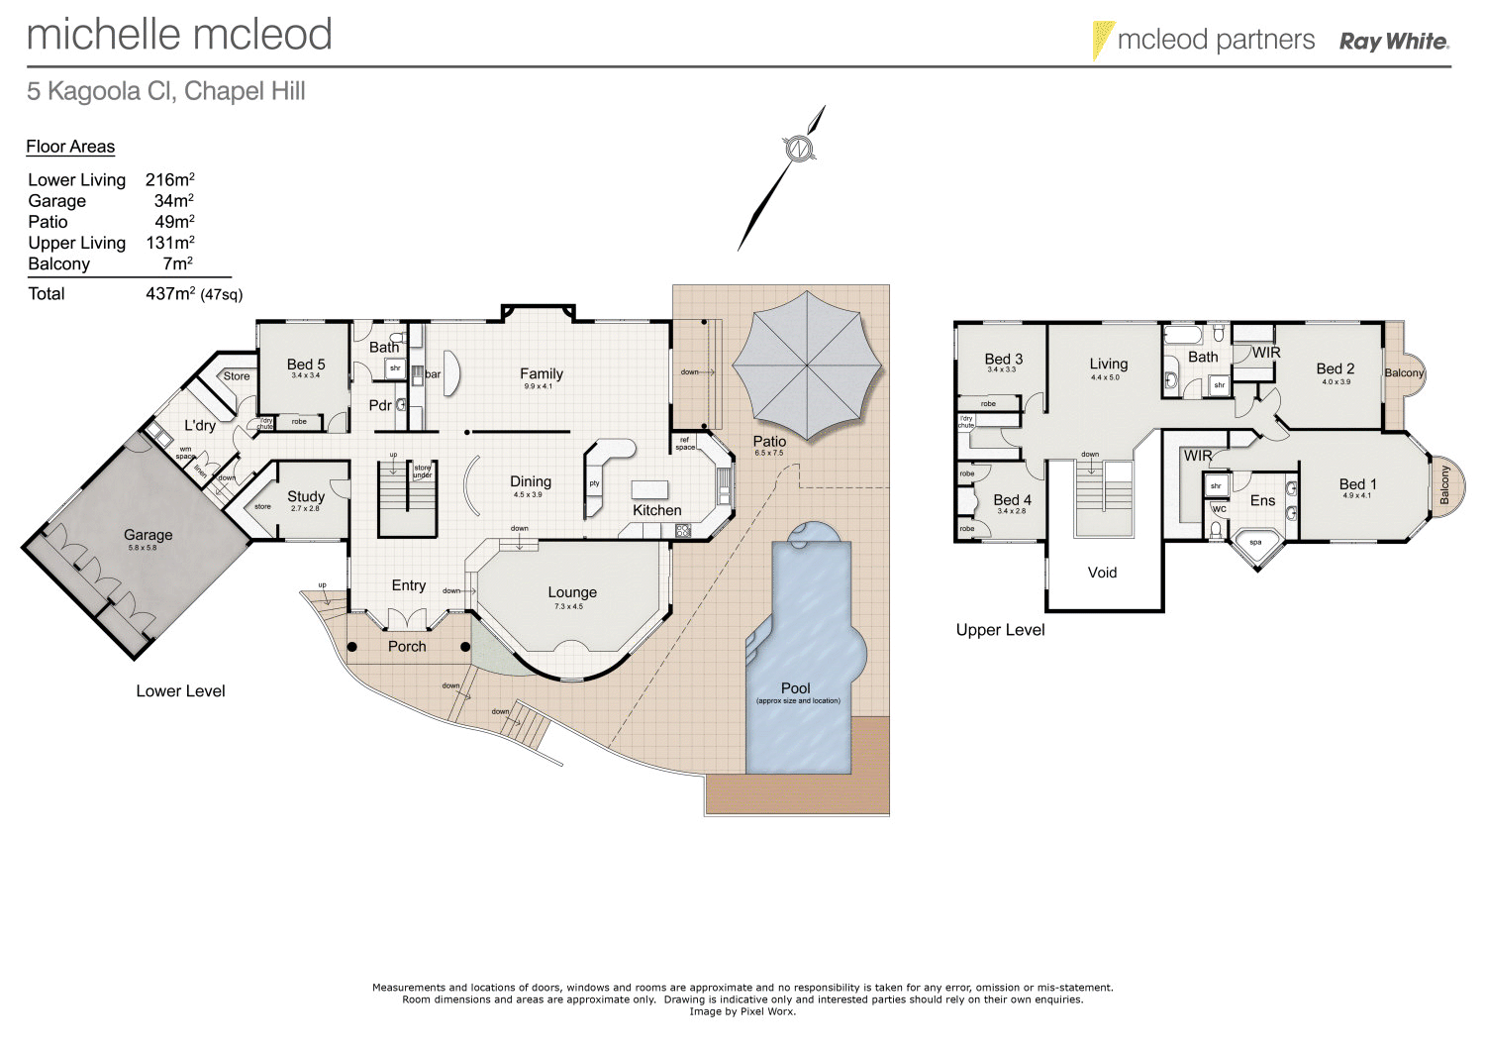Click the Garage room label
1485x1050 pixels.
click(x=148, y=535)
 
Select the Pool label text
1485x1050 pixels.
click(x=795, y=687)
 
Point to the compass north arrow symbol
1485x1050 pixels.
click(x=799, y=150)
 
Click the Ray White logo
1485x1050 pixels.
click(x=1393, y=42)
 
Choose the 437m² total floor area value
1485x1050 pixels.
click(x=169, y=294)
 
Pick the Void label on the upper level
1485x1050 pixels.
click(x=1102, y=573)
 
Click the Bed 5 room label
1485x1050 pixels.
click(x=306, y=365)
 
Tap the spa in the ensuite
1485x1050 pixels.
click(x=1255, y=543)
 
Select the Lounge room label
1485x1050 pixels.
click(x=572, y=592)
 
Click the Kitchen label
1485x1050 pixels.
click(x=657, y=510)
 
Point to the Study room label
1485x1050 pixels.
click(x=306, y=496)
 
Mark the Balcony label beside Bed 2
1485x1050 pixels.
click(x=1404, y=373)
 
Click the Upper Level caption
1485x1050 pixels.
click(x=1000, y=630)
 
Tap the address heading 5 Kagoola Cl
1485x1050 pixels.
click(x=165, y=91)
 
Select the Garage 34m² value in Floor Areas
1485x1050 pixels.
click(x=173, y=201)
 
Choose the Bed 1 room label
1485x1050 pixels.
click(x=1357, y=484)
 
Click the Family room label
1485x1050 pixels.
click(x=542, y=373)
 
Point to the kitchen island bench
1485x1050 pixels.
click(x=649, y=489)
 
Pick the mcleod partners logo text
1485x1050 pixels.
click(x=1216, y=40)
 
